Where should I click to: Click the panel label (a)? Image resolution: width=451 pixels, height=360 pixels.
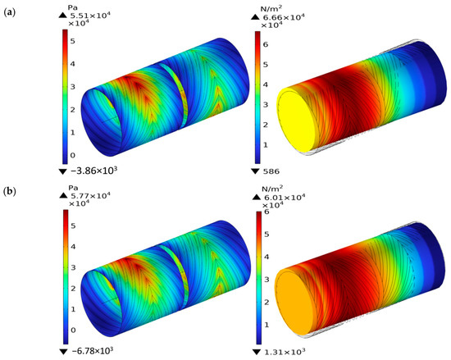pos(8,12)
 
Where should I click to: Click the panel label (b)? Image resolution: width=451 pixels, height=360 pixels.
pos(9,191)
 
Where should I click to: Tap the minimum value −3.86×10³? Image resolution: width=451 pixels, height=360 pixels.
pos(93,171)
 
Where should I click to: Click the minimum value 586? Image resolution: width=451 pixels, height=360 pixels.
pos(271,171)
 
